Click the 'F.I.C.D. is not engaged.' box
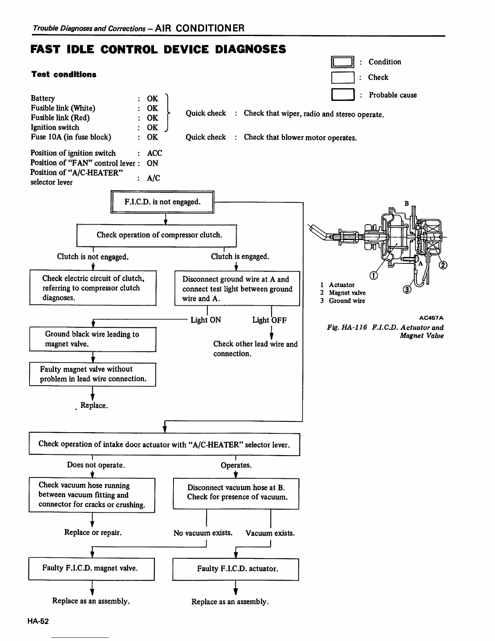tap(162, 202)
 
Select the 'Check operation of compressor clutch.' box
tap(157, 235)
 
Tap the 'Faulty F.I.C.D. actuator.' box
tap(236, 569)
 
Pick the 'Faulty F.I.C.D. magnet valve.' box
tap(91, 569)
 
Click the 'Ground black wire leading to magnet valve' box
tap(93, 339)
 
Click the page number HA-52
tap(38, 621)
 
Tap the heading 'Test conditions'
tap(64, 74)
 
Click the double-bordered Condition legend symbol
tap(343, 62)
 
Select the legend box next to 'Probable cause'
tap(343, 95)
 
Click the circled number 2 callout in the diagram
tap(444, 265)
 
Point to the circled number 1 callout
tap(374, 276)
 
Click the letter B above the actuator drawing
tap(407, 203)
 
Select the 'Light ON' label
tap(205, 320)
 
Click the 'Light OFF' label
tap(269, 320)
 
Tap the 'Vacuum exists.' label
tap(270, 533)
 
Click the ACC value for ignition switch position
tap(154, 153)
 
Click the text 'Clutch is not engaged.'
tap(93, 257)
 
